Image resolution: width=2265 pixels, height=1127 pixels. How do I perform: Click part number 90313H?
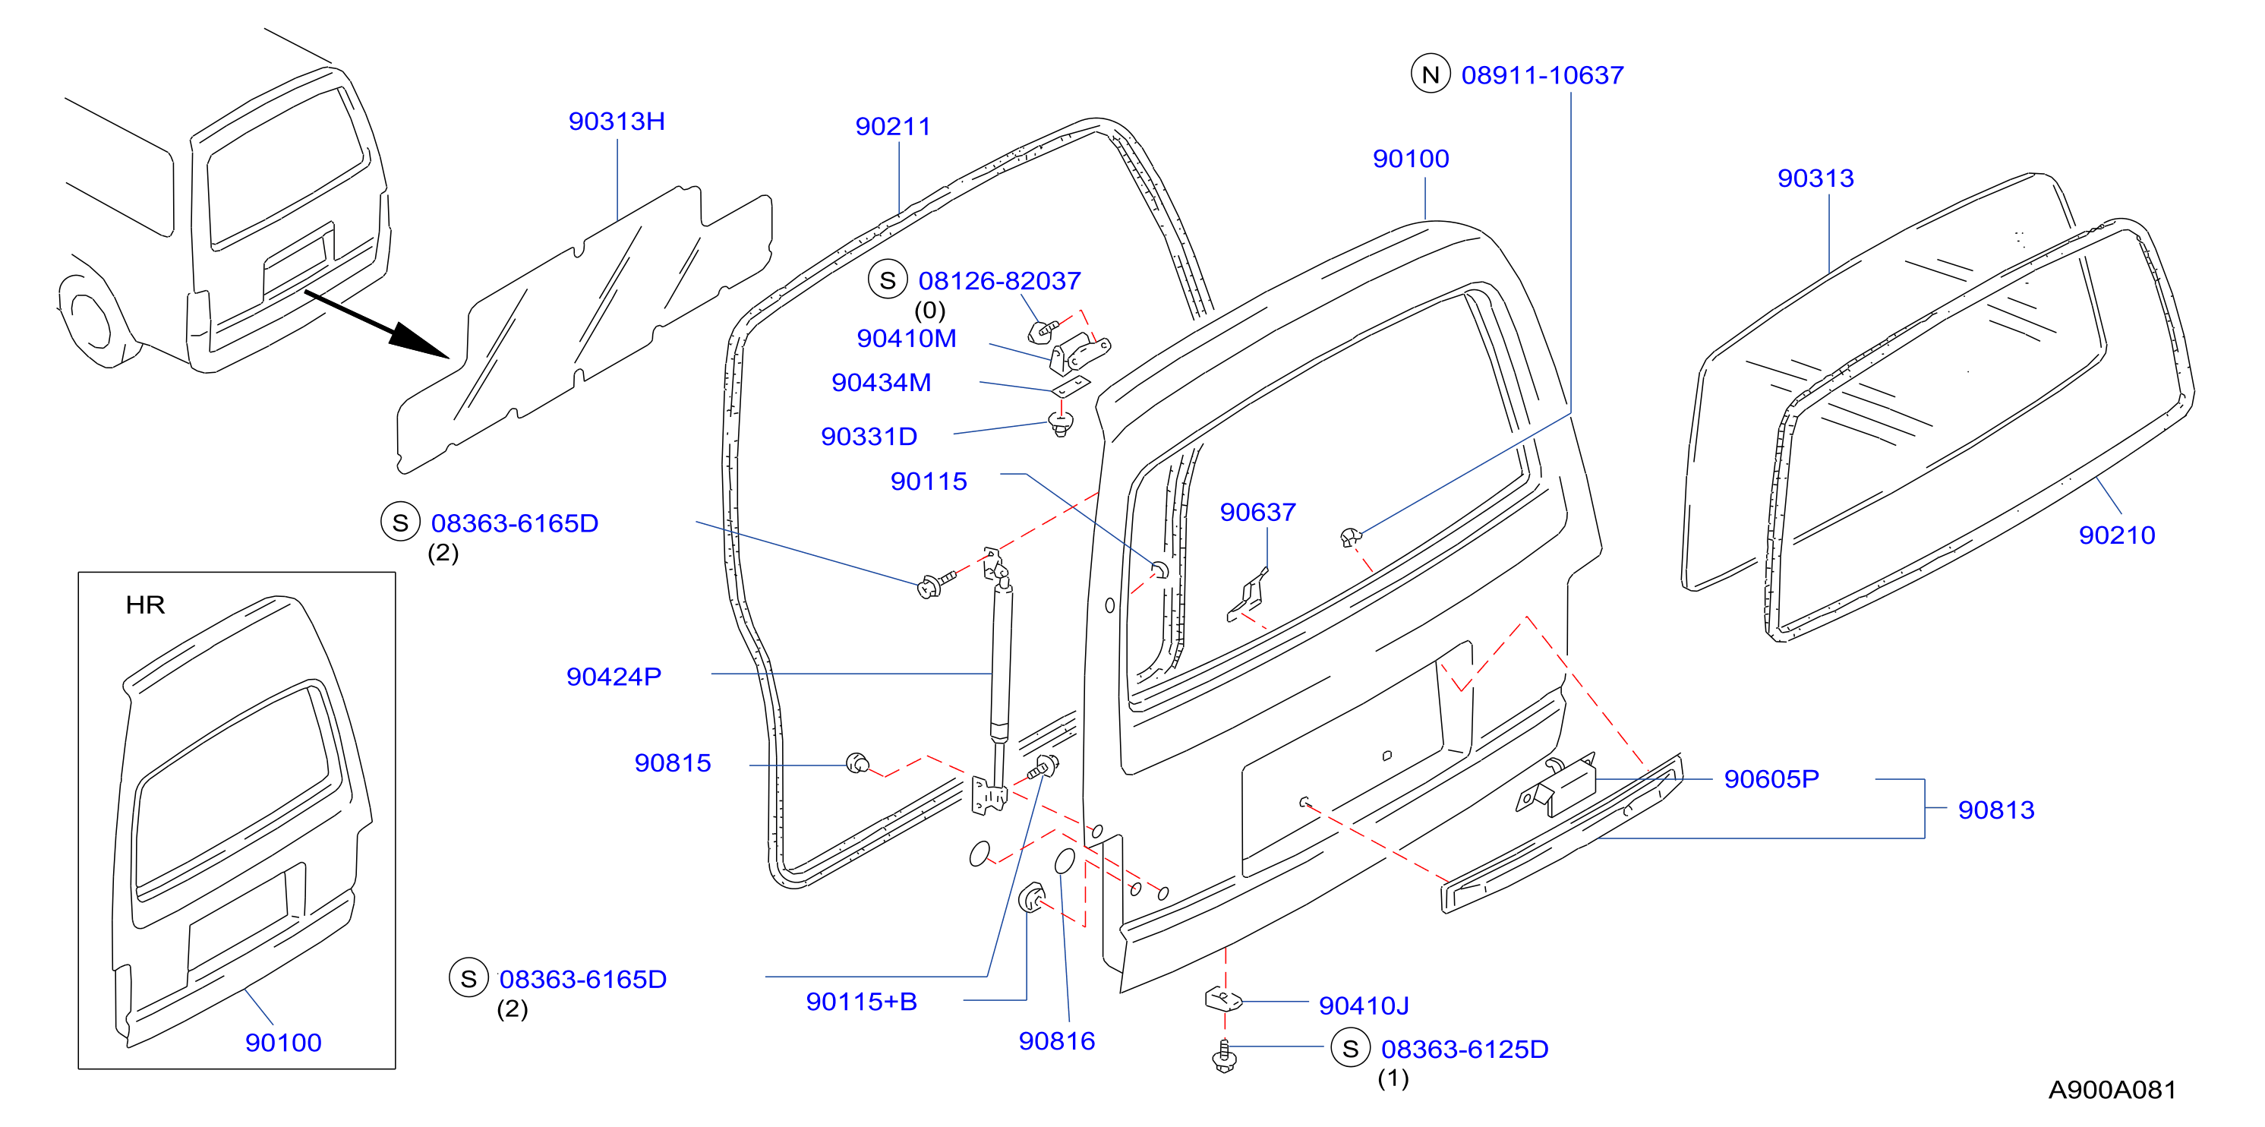pyautogui.click(x=617, y=122)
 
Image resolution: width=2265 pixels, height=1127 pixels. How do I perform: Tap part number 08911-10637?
pyautogui.click(x=1542, y=76)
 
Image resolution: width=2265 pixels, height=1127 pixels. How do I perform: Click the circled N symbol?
pyautogui.click(x=1430, y=74)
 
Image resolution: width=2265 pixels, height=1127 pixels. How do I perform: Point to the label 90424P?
pyautogui.click(x=614, y=677)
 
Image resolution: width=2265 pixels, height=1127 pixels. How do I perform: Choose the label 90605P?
pyautogui.click(x=1771, y=779)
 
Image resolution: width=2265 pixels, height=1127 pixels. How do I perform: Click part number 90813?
pyautogui.click(x=1996, y=810)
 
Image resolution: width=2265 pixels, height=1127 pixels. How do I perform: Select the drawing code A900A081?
pyautogui.click(x=2112, y=1090)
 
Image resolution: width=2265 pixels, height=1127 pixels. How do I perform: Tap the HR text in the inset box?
pyautogui.click(x=145, y=605)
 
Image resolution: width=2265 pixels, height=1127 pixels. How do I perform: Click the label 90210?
pyautogui.click(x=2116, y=535)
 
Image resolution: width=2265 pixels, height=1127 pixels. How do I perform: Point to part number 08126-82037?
pyautogui.click(x=1000, y=281)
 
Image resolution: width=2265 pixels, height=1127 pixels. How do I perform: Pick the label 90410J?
pyautogui.click(x=1364, y=1005)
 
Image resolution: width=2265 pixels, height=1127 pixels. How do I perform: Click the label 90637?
pyautogui.click(x=1257, y=513)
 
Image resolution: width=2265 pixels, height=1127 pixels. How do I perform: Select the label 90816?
pyautogui.click(x=1056, y=1042)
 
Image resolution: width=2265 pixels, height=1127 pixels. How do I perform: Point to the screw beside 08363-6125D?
pyautogui.click(x=1224, y=1055)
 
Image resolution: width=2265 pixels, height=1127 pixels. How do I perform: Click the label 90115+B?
pyautogui.click(x=862, y=1002)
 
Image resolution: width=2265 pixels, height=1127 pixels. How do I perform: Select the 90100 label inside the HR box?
pyautogui.click(x=283, y=1043)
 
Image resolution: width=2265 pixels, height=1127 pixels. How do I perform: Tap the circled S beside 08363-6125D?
pyautogui.click(x=1351, y=1049)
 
